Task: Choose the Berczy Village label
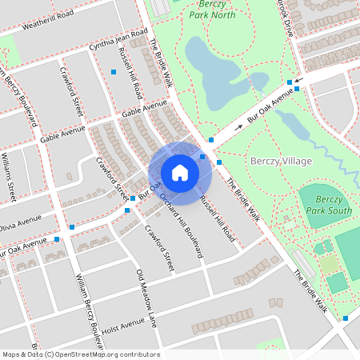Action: [x=282, y=161]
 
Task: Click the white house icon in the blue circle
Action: [x=180, y=173]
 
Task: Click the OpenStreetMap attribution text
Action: [x=81, y=354]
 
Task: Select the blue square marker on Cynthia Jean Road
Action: [x=114, y=72]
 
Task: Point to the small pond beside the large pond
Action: [x=258, y=80]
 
